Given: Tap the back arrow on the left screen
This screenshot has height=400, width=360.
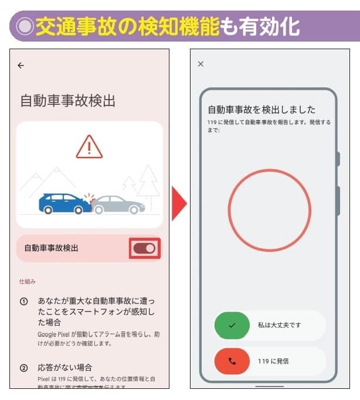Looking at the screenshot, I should point(21,66).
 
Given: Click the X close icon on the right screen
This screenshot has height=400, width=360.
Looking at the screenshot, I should point(201,64).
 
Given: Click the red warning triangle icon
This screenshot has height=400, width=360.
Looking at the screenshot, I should point(89,146).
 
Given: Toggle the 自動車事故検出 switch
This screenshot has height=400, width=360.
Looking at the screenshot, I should point(144,248).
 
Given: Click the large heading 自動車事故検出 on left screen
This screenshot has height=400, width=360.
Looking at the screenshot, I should point(67,101).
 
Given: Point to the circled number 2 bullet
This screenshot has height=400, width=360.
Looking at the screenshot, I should point(24,368).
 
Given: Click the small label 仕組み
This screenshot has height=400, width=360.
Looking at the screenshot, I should point(27,282).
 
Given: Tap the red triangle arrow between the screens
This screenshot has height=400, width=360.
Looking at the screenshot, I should point(179,205).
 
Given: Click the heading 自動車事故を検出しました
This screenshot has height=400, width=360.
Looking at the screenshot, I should point(261,110).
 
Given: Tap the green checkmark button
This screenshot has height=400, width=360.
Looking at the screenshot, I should point(232,325).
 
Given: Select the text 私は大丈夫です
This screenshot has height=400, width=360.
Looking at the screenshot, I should point(280,325).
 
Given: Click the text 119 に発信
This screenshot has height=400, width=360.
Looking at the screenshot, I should point(273,361).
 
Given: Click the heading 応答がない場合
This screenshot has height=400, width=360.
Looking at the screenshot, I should point(65,368).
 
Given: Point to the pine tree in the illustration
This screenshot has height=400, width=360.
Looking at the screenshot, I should point(147,180).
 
